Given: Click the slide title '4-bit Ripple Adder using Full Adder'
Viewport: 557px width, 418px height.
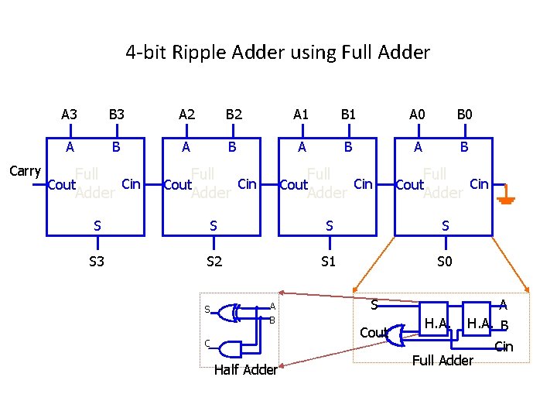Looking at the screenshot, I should tap(278, 53).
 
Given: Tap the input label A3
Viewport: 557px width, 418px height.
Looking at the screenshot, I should tap(70, 115).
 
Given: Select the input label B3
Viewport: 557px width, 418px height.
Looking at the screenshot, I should tap(117, 115).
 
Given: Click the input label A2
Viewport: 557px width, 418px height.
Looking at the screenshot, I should tap(186, 115).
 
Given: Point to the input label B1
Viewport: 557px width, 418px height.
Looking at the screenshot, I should tap(349, 115).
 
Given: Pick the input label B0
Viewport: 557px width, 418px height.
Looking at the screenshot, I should tap(465, 115).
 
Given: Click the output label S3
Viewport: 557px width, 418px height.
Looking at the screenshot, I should tap(97, 262).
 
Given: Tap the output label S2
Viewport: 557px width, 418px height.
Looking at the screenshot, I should tap(214, 262).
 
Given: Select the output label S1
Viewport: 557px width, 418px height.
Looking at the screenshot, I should tap(329, 262).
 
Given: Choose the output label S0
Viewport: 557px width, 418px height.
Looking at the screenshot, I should tap(445, 262).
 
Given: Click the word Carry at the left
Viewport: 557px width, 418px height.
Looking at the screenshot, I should tap(25, 171).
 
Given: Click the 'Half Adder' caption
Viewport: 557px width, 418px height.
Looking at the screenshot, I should tap(245, 370).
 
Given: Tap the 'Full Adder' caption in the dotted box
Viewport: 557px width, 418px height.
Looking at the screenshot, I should tap(443, 360).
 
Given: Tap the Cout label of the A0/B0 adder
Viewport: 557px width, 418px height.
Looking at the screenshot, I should tap(409, 185).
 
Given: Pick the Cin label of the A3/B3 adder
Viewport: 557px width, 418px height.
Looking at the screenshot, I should tap(131, 183).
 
